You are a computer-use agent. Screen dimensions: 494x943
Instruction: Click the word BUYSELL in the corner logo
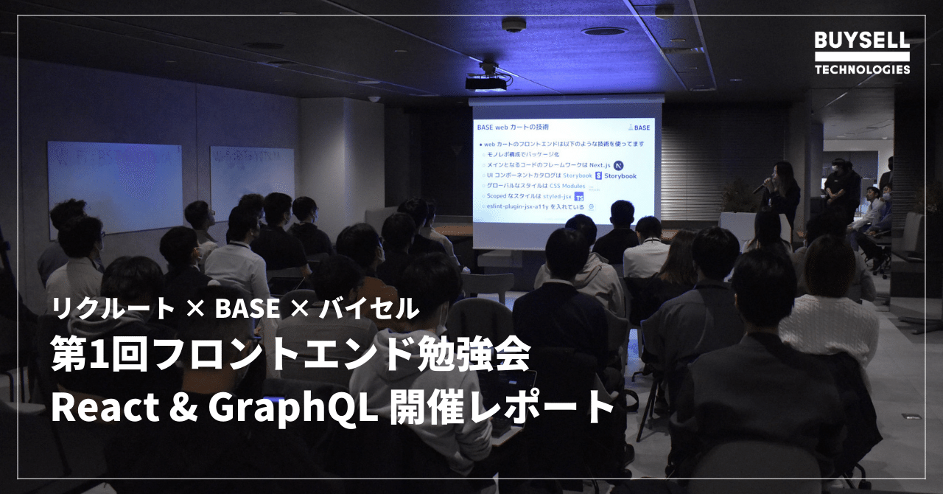coord(862,41)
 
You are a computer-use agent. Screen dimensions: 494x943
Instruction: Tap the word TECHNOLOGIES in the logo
coord(862,69)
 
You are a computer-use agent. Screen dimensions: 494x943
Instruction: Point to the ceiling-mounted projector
coord(487,80)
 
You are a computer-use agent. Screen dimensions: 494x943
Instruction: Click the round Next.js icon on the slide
coord(619,165)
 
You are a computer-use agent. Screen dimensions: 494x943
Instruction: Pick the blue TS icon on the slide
coord(579,197)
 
